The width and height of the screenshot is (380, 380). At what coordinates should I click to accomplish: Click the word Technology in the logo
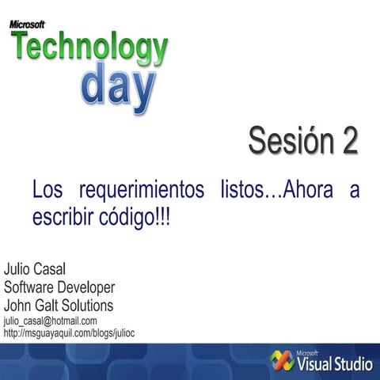pyautogui.click(x=89, y=50)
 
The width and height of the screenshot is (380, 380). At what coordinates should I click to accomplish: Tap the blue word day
pyautogui.click(x=119, y=87)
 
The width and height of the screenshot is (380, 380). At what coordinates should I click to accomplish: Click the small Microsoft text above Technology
pyautogui.click(x=27, y=24)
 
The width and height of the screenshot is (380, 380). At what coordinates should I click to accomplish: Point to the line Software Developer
pyautogui.click(x=59, y=286)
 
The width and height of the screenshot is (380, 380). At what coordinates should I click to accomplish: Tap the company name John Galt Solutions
pyautogui.click(x=59, y=305)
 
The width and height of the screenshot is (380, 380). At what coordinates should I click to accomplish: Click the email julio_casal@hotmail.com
pyautogui.click(x=51, y=321)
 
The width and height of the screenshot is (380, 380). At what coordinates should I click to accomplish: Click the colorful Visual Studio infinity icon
pyautogui.click(x=281, y=360)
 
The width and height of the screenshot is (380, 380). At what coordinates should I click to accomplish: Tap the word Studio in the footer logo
pyautogui.click(x=353, y=365)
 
